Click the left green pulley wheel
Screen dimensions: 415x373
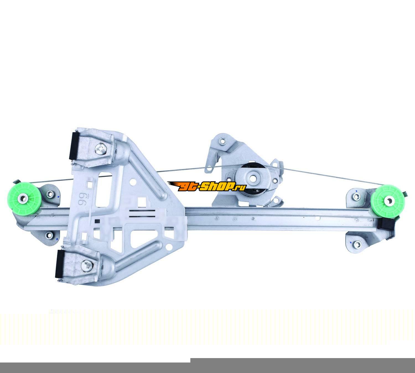coord(22,199)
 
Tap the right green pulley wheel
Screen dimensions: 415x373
coord(388,201)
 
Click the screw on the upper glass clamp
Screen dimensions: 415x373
coord(101,149)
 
